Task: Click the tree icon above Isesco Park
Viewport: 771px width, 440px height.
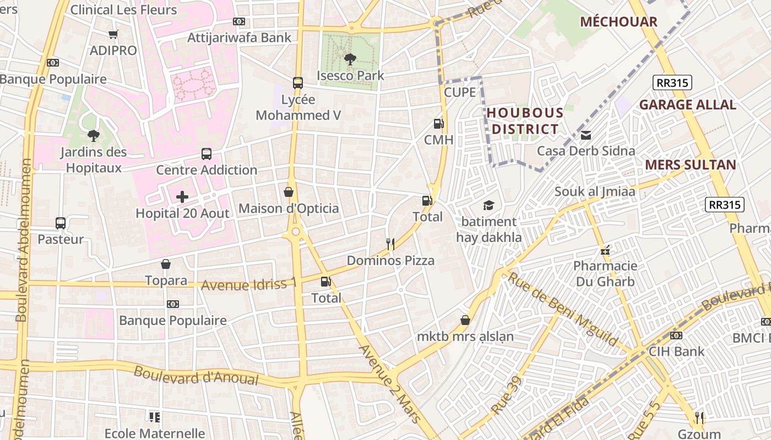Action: (350, 59)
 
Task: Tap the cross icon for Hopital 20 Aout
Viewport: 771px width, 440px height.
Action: (182, 197)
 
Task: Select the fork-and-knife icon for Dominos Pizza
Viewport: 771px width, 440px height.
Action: (390, 244)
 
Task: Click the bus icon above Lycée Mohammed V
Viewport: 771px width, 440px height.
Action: (298, 83)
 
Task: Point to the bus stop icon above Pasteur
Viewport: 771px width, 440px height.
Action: (61, 223)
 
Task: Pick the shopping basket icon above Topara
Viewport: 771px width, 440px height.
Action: (166, 265)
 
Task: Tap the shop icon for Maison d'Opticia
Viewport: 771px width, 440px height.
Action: (289, 192)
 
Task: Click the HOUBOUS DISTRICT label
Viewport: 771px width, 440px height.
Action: (525, 122)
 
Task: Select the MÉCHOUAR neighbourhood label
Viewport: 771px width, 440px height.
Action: (618, 22)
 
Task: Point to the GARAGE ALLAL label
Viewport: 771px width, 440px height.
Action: (687, 105)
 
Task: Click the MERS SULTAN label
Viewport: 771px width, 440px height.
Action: (690, 164)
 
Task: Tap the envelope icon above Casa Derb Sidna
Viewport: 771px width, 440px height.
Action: (586, 135)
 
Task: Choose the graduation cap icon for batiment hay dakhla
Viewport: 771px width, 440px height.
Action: (488, 206)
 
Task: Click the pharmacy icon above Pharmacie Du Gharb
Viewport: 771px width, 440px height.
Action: (605, 251)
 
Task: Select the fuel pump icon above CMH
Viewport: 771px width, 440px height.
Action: (438, 124)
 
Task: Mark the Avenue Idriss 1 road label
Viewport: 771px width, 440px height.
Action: (249, 284)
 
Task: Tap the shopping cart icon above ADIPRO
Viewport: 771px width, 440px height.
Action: (113, 35)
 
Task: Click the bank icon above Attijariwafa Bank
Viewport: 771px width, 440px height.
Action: (239, 21)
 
